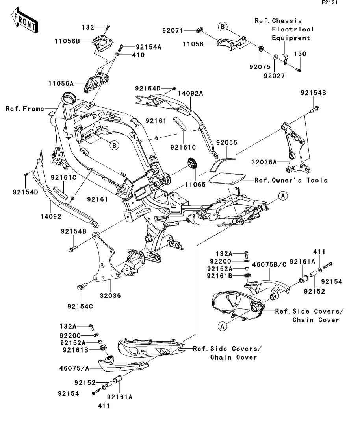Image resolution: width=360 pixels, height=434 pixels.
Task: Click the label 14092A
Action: tap(191, 94)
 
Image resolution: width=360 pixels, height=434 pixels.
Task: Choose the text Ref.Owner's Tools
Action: tap(291, 180)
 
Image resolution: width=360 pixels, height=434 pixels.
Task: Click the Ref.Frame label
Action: tap(25, 109)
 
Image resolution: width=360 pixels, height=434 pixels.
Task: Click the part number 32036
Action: tap(110, 295)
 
